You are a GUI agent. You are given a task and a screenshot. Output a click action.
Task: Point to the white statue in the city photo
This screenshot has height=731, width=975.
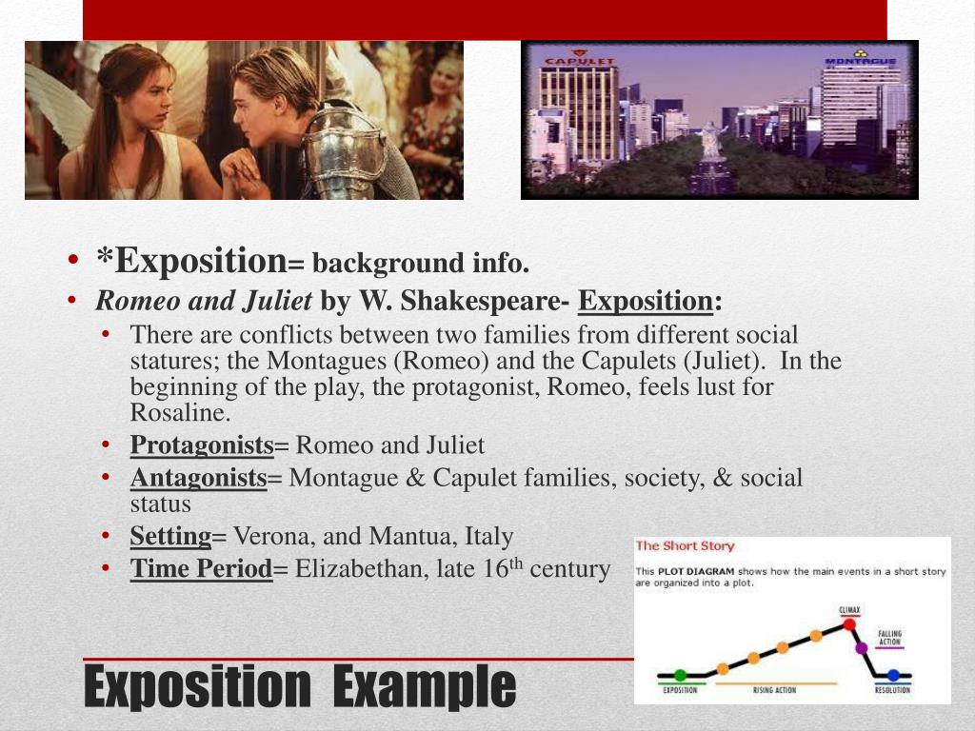click(x=708, y=142)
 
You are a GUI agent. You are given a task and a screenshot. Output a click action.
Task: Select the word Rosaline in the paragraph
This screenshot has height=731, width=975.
click(x=180, y=412)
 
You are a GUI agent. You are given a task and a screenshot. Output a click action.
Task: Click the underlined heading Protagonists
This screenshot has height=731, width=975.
click(x=202, y=445)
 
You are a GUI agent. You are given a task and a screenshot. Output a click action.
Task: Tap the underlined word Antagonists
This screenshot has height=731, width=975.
click(x=199, y=477)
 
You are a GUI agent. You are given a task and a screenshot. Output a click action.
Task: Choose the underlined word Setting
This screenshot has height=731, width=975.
click(x=170, y=536)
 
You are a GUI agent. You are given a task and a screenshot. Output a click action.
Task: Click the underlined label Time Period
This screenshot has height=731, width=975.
click(x=202, y=569)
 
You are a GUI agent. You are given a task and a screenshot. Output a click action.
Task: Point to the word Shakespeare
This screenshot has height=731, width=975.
click(x=480, y=302)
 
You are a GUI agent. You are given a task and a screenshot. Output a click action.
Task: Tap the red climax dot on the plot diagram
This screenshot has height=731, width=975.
click(x=849, y=625)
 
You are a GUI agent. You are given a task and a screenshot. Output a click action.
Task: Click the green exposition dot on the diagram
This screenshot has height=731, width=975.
click(x=680, y=675)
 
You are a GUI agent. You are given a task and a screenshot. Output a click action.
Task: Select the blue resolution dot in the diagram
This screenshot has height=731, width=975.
click(x=893, y=675)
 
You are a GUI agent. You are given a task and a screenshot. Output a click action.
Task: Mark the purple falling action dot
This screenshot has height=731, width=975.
click(x=863, y=648)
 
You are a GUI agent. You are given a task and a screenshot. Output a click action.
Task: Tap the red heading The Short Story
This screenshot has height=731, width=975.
click(x=685, y=546)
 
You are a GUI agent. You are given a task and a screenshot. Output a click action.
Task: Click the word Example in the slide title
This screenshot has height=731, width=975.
click(x=425, y=686)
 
